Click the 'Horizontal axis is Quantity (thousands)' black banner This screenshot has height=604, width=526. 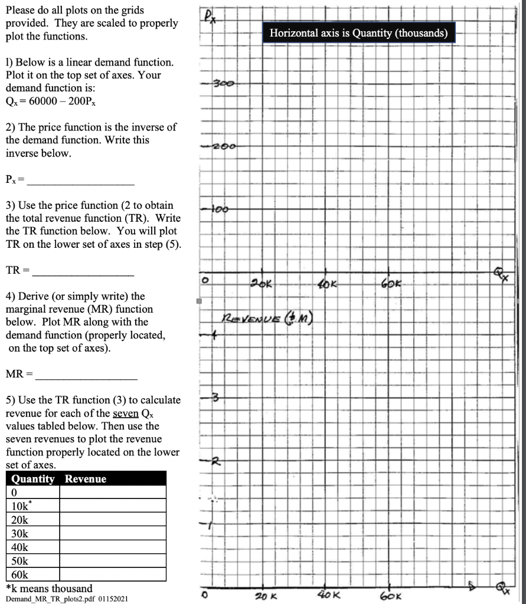[x=358, y=33]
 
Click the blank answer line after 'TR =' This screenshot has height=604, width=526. [x=83, y=274]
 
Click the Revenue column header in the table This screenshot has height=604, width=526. [x=86, y=479]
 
